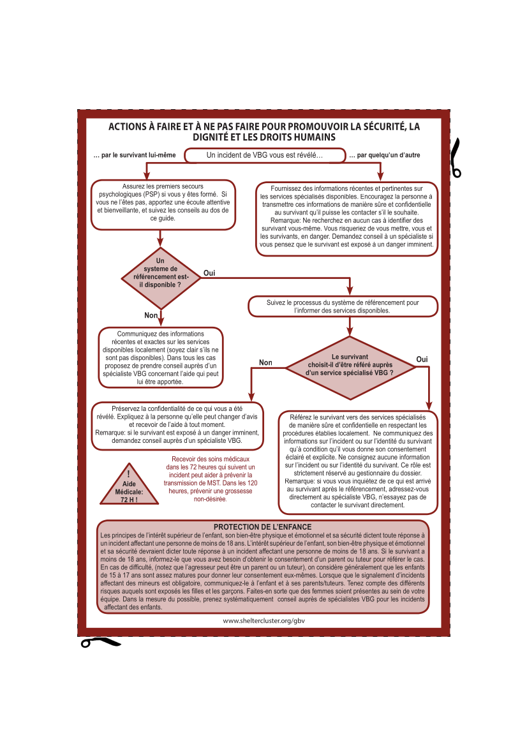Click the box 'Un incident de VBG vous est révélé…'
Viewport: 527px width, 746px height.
point(265,155)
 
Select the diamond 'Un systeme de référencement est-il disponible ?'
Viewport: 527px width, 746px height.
point(161,278)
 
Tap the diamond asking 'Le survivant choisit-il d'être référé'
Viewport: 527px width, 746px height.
point(350,368)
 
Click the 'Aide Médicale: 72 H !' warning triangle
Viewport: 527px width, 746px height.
point(129,484)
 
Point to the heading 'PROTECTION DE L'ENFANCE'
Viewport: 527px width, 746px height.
point(263,527)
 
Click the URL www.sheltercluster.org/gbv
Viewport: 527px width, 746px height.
point(264,620)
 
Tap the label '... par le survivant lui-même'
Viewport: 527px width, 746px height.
point(135,155)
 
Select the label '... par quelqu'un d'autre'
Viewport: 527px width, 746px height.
point(385,155)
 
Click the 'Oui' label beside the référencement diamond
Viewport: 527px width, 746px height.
point(209,273)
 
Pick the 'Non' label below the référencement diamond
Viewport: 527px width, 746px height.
point(151,315)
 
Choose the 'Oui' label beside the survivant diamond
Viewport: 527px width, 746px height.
point(422,359)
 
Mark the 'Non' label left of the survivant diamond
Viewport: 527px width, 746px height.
point(265,362)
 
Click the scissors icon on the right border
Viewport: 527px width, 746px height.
point(456,158)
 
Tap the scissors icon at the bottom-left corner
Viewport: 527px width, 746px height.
point(101,642)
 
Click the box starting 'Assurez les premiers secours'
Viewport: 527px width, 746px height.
point(163,205)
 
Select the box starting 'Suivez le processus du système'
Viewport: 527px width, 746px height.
point(343,306)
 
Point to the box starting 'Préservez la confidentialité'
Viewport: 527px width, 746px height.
point(177,426)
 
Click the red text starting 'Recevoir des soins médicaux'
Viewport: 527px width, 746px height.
point(211,479)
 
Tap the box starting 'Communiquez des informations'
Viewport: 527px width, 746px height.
point(161,357)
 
